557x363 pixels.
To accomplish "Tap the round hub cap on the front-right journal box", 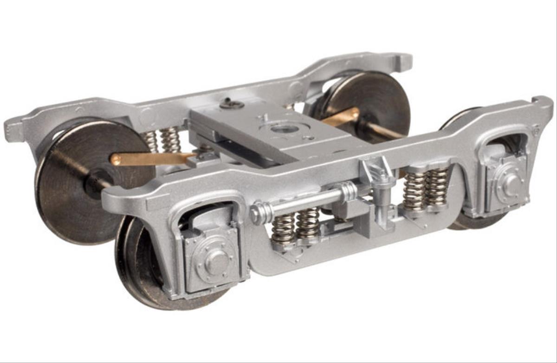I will click(x=512, y=185).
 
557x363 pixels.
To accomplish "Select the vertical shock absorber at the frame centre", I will click(x=381, y=195).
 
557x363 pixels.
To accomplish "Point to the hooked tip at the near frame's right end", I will click(x=544, y=103).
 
